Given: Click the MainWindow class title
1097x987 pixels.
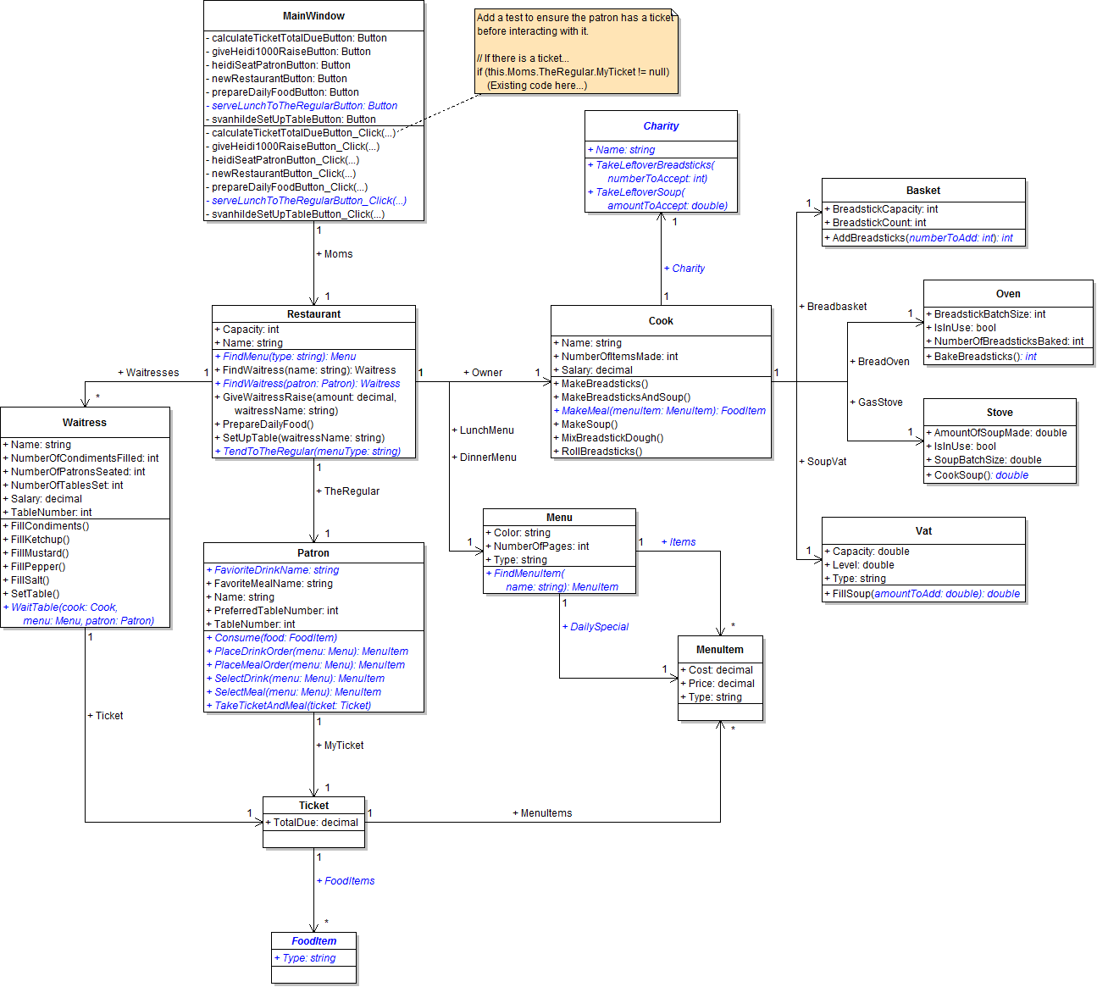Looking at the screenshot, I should coord(313,16).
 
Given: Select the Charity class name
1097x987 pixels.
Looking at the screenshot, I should coord(661,126).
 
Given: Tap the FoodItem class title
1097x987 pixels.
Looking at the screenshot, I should coord(313,941).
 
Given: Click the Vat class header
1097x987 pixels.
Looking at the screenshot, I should coord(923,531).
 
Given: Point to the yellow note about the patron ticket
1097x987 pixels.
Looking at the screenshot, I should coord(575,51).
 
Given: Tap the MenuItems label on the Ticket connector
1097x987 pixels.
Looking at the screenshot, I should coord(543,813).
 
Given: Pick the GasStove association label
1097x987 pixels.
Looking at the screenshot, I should coord(878,402).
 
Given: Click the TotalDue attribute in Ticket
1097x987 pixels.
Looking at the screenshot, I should coord(313,823).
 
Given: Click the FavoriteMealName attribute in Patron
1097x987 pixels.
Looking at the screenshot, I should coord(272,584).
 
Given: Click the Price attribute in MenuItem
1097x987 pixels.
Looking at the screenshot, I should coord(720,684).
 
